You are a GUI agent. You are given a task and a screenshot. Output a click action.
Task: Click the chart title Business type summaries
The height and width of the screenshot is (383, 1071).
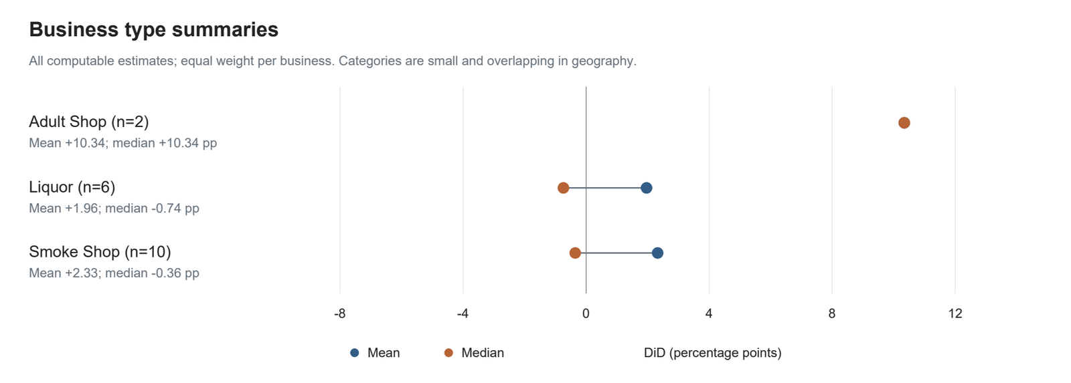[153, 29]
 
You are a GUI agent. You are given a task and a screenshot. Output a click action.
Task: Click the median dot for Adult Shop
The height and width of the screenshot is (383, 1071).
[904, 123]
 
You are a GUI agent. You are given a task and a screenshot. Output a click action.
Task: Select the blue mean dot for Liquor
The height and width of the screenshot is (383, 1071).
[646, 188]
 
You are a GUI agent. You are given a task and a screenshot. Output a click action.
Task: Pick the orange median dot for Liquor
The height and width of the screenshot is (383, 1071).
[563, 188]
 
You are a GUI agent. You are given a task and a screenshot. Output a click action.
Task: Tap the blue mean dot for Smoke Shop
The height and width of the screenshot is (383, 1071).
[657, 253]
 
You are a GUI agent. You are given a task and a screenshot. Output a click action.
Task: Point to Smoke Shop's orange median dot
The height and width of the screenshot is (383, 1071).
[575, 253]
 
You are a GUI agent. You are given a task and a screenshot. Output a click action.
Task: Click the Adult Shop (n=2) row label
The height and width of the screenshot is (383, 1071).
[89, 122]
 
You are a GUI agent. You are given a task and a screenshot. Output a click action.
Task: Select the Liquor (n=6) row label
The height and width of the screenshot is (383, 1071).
[72, 187]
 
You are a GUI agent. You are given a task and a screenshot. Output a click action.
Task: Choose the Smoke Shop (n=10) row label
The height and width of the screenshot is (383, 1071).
[100, 252]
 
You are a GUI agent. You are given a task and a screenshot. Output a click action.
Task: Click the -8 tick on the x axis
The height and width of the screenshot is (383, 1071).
[339, 313]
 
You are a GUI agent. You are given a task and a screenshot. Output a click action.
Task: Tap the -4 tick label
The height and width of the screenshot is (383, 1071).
[463, 313]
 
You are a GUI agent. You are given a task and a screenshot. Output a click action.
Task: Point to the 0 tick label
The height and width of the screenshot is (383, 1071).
[586, 313]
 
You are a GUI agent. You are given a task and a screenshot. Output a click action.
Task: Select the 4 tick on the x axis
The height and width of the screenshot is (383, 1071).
[709, 313]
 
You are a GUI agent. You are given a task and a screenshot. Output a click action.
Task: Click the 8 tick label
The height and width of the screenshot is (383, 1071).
[832, 313]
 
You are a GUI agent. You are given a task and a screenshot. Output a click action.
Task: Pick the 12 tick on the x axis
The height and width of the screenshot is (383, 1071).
[955, 313]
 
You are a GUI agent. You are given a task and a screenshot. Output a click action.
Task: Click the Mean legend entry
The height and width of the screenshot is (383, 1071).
[375, 353]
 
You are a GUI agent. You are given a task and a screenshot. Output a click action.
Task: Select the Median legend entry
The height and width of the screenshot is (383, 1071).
[474, 353]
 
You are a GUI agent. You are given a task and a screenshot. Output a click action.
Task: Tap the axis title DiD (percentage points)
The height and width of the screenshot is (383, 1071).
[712, 353]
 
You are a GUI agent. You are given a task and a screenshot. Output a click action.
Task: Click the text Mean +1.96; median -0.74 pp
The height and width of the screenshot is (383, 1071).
[114, 209]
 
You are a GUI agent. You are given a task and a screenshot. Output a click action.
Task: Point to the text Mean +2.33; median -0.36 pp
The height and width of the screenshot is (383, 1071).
[114, 273]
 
